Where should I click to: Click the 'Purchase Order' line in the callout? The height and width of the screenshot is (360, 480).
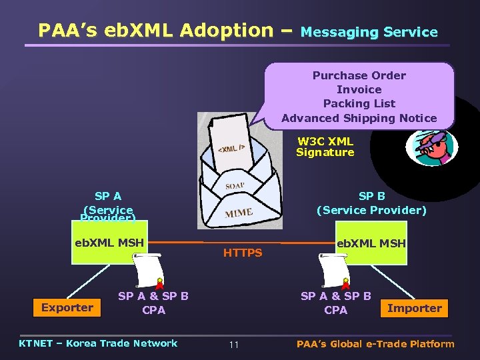click(x=359, y=75)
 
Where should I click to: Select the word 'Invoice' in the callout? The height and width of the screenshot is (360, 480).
click(x=359, y=89)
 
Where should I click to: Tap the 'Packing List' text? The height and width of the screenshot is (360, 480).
click(x=359, y=103)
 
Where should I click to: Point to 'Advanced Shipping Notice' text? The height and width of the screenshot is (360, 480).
click(x=359, y=118)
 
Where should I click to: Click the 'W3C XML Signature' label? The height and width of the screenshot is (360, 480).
click(x=325, y=147)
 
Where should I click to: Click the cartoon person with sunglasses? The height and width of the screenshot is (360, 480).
click(x=431, y=148)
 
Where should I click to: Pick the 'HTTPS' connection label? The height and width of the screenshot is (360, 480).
click(x=243, y=253)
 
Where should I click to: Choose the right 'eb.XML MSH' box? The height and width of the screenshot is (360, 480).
click(x=371, y=244)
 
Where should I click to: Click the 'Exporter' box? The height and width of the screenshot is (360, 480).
click(x=67, y=307)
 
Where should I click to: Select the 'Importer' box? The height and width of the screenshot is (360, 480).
click(x=414, y=308)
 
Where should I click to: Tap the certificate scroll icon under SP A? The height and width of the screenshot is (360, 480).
click(x=147, y=270)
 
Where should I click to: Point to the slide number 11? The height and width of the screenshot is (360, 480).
click(x=233, y=345)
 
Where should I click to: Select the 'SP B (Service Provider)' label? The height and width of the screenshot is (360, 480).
click(x=371, y=203)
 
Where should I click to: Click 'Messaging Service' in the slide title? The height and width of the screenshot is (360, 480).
click(x=369, y=32)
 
